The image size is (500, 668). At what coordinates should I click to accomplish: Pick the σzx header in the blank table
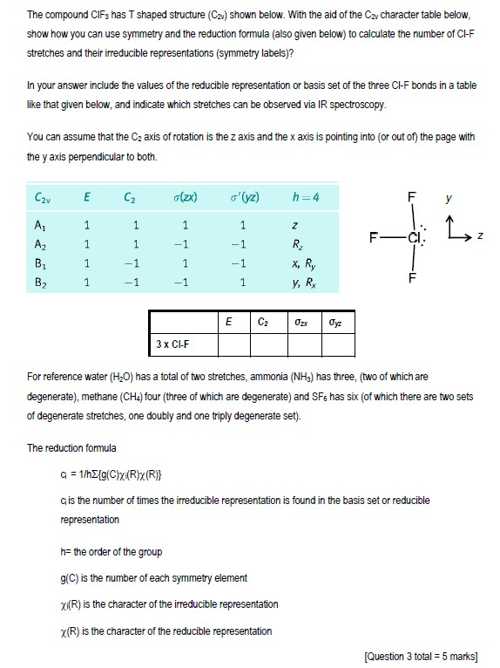coord(301,322)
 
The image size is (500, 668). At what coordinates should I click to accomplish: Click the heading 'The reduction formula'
coord(71,448)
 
